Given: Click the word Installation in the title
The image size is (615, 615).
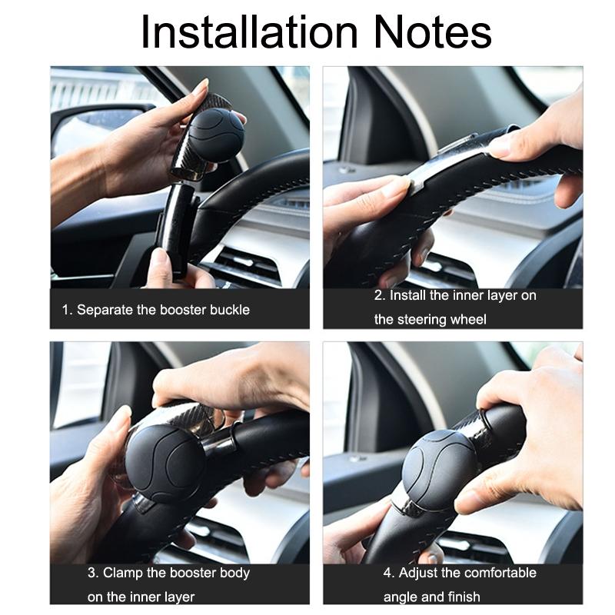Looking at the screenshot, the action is (x=249, y=32).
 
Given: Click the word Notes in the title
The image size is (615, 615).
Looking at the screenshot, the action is (x=433, y=32).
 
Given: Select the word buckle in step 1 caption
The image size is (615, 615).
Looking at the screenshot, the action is (x=230, y=310).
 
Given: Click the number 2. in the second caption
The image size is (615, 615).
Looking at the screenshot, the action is (x=380, y=295).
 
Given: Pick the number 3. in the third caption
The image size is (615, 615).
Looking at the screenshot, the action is (x=93, y=573).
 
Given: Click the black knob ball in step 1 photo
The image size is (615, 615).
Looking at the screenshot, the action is (x=216, y=135).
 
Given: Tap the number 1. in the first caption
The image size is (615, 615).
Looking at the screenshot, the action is (x=67, y=310).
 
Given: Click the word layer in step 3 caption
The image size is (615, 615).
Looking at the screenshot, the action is (x=180, y=597).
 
